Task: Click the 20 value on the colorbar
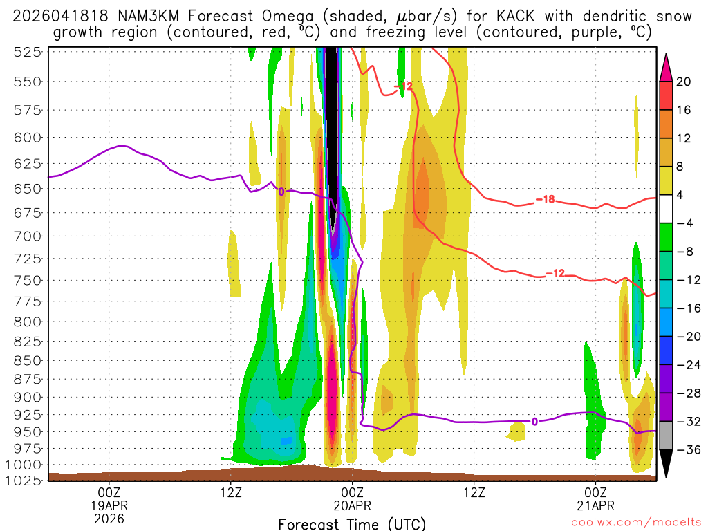pos(684,82)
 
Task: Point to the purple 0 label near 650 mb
pos(281,192)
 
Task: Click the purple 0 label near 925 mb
pos(534,421)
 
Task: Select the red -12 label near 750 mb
pos(555,274)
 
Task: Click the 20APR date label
pos(353,505)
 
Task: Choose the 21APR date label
pos(596,505)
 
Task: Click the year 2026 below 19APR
pos(109,518)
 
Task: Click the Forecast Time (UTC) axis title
pos(353,523)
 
